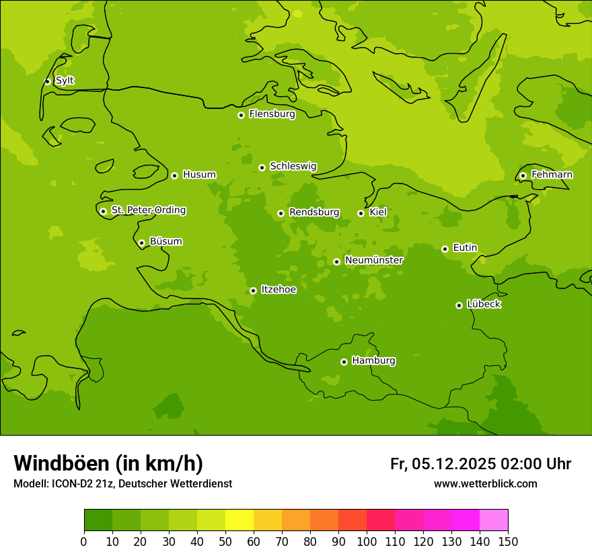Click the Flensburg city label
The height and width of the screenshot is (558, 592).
click(272, 114)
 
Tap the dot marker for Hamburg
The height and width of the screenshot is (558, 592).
click(344, 362)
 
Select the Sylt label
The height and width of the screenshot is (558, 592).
click(65, 81)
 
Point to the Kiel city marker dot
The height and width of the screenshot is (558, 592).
click(361, 213)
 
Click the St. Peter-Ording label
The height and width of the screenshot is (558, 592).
click(148, 210)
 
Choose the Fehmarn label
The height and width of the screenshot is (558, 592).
click(552, 175)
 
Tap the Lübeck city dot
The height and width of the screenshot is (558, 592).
click(459, 305)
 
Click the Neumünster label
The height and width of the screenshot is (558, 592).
click(373, 260)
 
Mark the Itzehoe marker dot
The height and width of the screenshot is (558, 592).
click(253, 290)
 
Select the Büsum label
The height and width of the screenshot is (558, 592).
click(165, 241)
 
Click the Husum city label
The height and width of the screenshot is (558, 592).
click(199, 175)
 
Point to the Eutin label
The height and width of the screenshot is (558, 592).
click(465, 248)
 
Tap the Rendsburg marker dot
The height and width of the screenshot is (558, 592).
click(281, 213)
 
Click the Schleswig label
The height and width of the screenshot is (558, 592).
click(293, 166)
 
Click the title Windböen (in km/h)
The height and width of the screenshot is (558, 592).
click(108, 463)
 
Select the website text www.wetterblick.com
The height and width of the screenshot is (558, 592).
click(485, 483)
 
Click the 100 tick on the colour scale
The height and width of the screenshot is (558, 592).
click(367, 541)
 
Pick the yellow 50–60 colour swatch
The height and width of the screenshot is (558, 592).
click(239, 520)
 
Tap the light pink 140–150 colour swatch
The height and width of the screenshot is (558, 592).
click(494, 520)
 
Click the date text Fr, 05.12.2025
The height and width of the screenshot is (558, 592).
click(443, 464)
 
